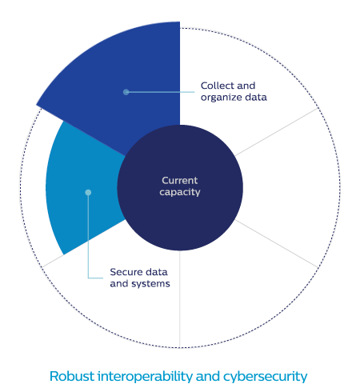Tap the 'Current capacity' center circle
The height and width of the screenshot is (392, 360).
pos(180,188)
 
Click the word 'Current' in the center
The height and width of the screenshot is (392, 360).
pos(180,181)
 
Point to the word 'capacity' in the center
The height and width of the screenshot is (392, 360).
pos(180,192)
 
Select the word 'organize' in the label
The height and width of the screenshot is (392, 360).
pos(222,98)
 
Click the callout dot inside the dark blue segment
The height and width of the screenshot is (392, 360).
pos(126,92)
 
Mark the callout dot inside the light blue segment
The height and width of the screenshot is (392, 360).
pos(88,192)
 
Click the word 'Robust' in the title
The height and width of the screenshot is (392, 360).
pos(72,376)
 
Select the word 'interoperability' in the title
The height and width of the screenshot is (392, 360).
pos(146,377)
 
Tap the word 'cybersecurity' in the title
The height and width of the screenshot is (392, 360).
pos(266,377)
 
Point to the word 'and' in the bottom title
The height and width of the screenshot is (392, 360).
pos(208,376)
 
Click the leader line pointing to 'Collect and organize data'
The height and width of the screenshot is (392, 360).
pos(161,92)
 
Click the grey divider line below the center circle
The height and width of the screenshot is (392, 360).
pos(180,298)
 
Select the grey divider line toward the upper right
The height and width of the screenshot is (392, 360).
pos(277,132)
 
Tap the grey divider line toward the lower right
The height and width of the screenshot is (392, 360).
pos(277,243)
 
